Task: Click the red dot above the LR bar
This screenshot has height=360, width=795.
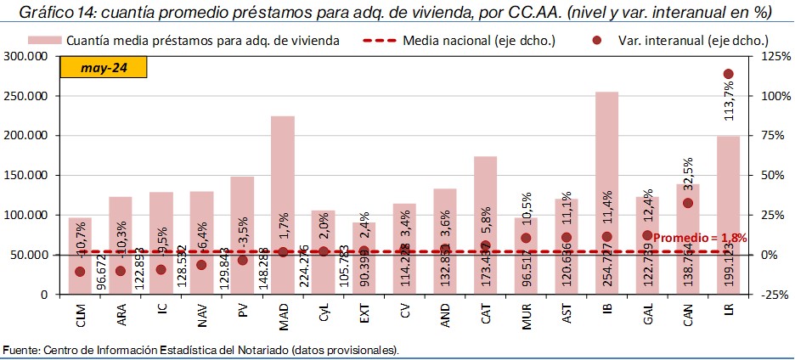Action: click(728, 74)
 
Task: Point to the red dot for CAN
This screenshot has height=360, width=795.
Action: click(688, 202)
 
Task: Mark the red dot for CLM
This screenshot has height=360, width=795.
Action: click(80, 272)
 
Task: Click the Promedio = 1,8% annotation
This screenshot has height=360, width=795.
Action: click(701, 239)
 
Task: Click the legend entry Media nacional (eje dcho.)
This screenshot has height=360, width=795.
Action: click(479, 40)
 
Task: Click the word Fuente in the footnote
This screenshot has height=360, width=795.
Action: click(20, 350)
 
